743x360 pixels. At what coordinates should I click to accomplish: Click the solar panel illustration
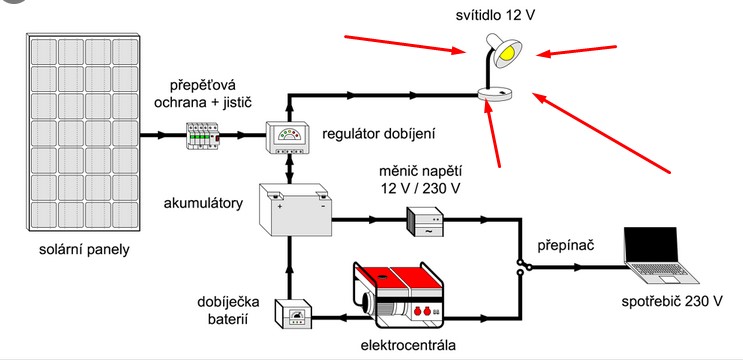(x=83, y=132)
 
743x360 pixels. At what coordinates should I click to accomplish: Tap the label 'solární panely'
(x=84, y=250)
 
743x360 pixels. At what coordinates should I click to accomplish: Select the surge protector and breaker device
(x=203, y=136)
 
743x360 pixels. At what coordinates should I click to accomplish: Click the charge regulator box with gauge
(x=288, y=137)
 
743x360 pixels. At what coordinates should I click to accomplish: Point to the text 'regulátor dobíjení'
(x=379, y=134)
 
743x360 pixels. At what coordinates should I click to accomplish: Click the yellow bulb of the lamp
(x=510, y=50)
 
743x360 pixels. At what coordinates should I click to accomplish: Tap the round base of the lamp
(x=495, y=94)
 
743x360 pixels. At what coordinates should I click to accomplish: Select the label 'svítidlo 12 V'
(x=496, y=15)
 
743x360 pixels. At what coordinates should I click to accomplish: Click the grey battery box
(x=295, y=209)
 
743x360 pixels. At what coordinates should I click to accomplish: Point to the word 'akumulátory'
(x=203, y=204)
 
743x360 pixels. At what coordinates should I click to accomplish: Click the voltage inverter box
(x=425, y=222)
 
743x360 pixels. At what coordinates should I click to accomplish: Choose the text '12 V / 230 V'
(x=420, y=188)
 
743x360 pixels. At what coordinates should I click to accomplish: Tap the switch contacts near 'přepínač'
(x=524, y=267)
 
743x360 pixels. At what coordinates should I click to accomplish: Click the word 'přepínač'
(x=566, y=247)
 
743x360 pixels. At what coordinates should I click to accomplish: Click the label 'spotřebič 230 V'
(x=672, y=301)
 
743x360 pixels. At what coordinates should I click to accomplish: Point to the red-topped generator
(x=399, y=295)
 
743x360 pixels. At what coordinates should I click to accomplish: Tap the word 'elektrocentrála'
(x=408, y=345)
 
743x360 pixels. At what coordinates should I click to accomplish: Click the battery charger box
(x=294, y=314)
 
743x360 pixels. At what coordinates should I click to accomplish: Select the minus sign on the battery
(x=323, y=207)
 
